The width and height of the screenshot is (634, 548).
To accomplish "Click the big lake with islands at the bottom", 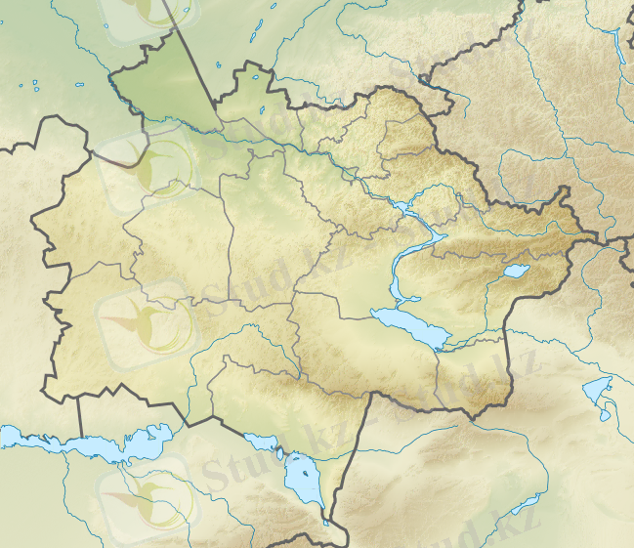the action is [x=305, y=482].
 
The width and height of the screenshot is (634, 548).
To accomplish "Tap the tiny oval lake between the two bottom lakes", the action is [x=280, y=453].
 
